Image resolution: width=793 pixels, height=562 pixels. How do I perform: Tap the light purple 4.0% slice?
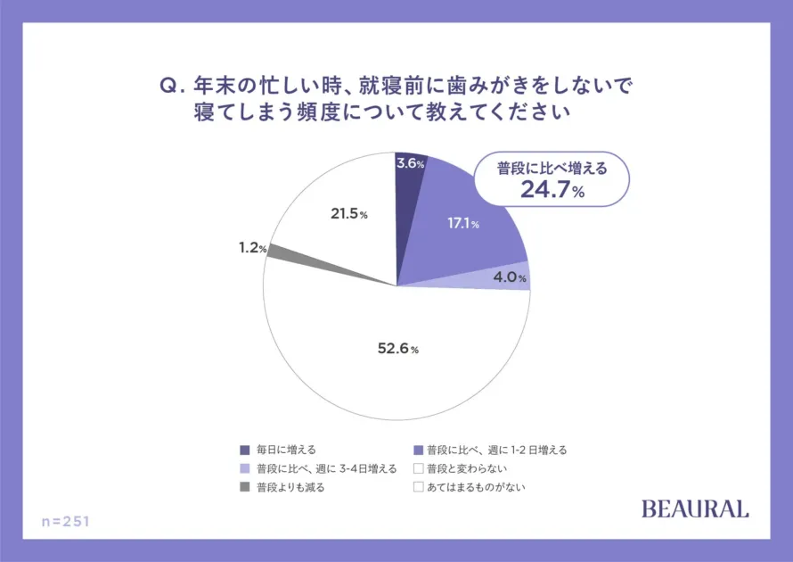[511, 277]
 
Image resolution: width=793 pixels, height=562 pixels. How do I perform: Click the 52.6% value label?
[396, 349]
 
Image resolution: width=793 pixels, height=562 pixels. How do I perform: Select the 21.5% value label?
[346, 215]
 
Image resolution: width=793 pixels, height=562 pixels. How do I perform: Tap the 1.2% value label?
[252, 248]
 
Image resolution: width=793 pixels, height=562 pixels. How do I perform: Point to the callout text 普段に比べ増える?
[552, 168]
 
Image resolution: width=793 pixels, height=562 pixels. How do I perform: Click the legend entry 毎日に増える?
[285, 450]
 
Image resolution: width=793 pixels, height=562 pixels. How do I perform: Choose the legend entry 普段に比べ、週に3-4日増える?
[325, 468]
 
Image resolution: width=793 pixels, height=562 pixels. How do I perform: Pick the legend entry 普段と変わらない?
[466, 468]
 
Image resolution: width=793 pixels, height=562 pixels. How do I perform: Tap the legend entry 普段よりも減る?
[290, 487]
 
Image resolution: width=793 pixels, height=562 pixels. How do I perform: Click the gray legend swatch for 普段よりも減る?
[245, 487]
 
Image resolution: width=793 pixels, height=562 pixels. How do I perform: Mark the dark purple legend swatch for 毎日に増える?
[245, 450]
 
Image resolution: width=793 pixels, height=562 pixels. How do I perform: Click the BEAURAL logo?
[695, 508]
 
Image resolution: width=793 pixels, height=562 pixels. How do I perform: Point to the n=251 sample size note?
[66, 520]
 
